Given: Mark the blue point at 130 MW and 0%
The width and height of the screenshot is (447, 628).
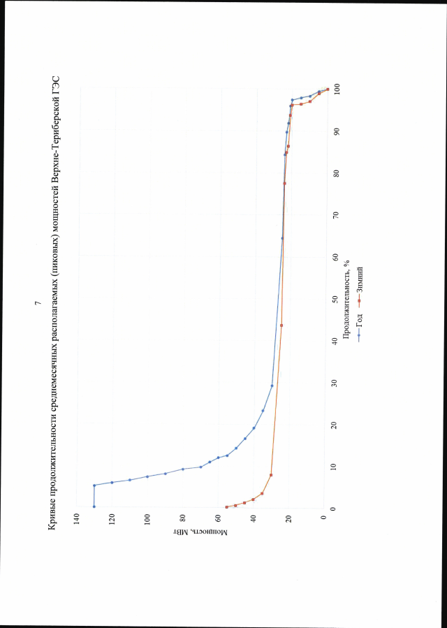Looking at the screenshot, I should [94, 507].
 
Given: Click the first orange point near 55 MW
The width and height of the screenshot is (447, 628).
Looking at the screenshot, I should [227, 507].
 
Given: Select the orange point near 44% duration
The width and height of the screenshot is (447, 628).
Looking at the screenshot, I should [281, 325].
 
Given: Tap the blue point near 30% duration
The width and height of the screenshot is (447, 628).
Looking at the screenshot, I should [272, 386].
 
